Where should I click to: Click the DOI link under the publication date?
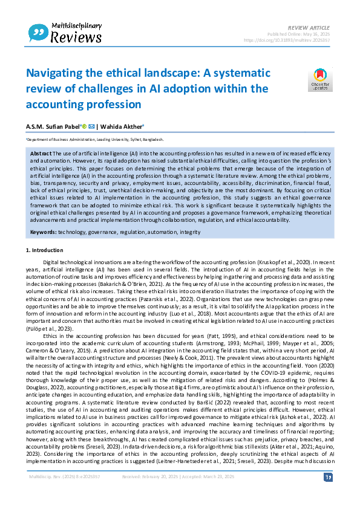[287, 40]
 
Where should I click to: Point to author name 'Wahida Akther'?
[123, 126]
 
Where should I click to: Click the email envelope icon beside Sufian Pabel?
[92, 126]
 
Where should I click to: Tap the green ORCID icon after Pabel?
[84, 126]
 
